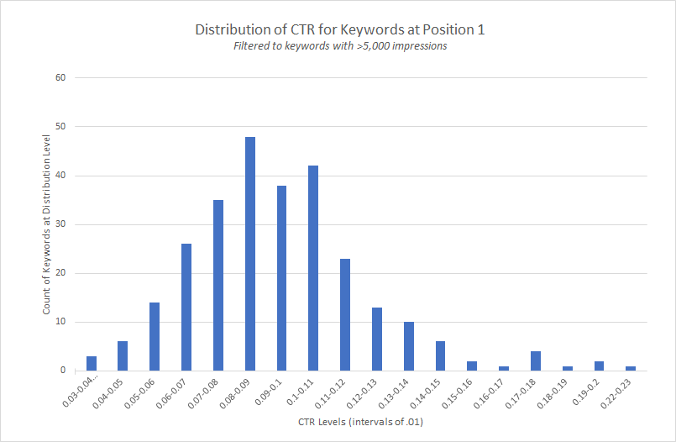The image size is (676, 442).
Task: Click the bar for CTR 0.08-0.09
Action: point(250,254)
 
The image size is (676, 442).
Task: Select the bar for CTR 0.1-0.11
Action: point(313,268)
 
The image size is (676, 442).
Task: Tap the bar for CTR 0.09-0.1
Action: point(282,278)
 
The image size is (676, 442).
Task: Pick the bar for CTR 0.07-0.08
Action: point(218,286)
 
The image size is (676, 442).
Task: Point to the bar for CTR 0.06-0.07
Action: point(186,308)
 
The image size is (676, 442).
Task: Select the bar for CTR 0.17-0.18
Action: point(536,361)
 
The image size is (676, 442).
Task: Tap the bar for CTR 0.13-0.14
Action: point(409,346)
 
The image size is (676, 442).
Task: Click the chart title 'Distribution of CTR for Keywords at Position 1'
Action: point(340,30)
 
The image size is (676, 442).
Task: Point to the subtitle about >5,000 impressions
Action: point(340,46)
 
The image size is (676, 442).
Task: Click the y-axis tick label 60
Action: point(60,78)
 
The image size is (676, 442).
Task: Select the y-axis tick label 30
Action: point(60,224)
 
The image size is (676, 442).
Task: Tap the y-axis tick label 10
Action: point(60,322)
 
